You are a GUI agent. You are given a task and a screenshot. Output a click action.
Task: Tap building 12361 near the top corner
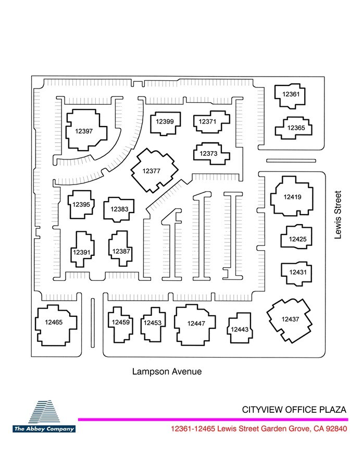pyautogui.click(x=290, y=96)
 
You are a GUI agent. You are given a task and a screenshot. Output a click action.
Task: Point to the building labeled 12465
pyautogui.click(x=56, y=325)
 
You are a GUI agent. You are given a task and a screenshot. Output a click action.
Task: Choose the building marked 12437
pyautogui.click(x=290, y=320)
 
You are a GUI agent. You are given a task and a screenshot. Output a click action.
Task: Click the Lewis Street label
pyautogui.click(x=338, y=215)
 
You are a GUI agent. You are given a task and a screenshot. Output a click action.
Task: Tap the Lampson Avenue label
pyautogui.click(x=167, y=372)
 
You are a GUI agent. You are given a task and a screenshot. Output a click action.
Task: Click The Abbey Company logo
pyautogui.click(x=44, y=416)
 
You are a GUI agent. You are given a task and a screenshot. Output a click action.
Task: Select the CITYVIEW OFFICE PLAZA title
pyautogui.click(x=294, y=410)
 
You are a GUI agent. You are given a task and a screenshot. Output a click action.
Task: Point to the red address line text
pyautogui.click(x=259, y=429)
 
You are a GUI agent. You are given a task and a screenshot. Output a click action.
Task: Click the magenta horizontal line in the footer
pyautogui.click(x=213, y=419)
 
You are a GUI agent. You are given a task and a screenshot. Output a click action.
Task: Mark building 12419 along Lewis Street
pyautogui.click(x=292, y=196)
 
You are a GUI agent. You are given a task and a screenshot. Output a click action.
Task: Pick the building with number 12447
pyautogui.click(x=195, y=325)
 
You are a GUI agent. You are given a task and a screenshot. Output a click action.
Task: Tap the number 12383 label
pyautogui.click(x=119, y=209)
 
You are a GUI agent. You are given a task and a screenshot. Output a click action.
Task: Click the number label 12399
pyautogui.click(x=165, y=121)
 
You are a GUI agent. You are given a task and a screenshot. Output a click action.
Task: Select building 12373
pyautogui.click(x=211, y=153)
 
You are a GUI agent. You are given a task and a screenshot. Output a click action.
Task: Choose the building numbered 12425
pyautogui.click(x=296, y=237)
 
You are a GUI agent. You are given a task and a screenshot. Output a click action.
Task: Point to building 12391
pyautogui.click(x=82, y=249)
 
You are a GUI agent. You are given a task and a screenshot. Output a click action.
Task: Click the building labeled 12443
pyautogui.click(x=240, y=328)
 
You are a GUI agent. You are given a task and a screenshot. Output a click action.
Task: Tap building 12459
pyautogui.click(x=120, y=325)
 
